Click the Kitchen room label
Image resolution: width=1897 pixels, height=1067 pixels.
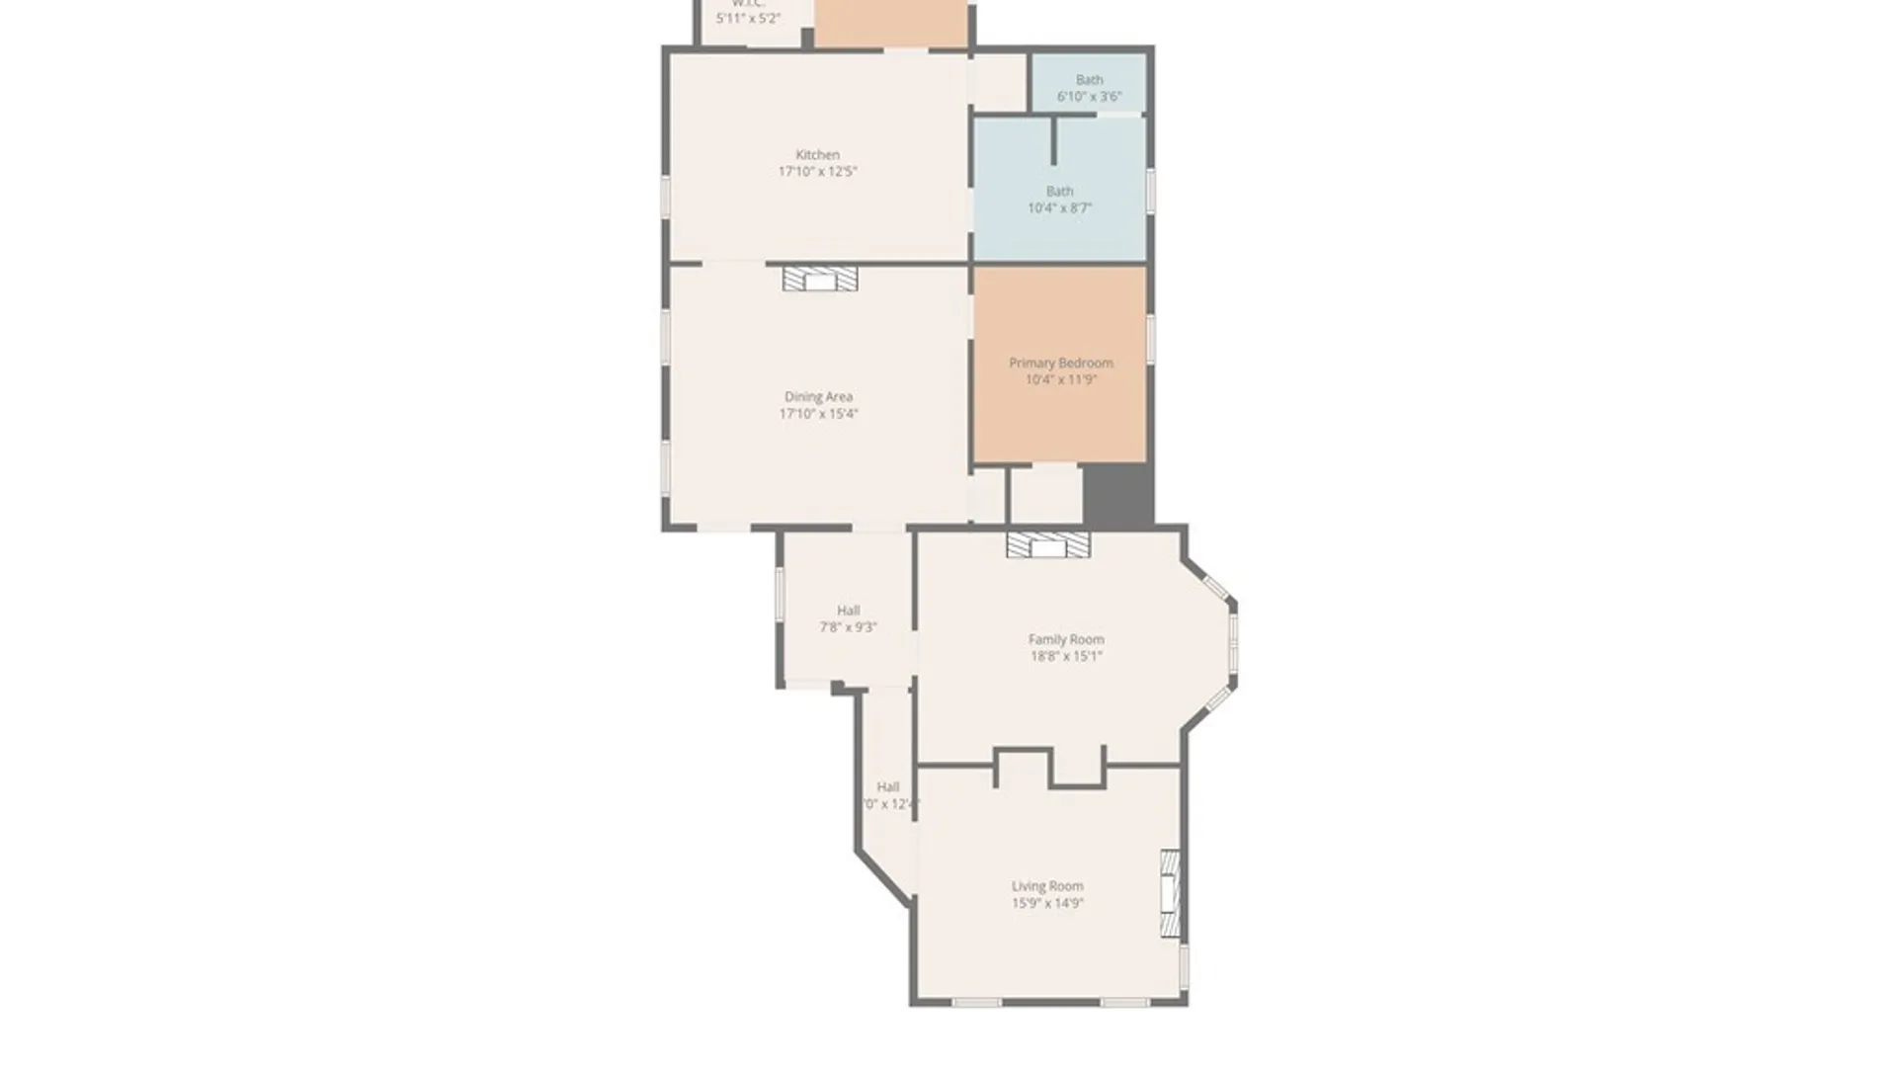817,154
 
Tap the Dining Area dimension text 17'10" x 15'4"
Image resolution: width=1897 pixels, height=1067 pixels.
818,414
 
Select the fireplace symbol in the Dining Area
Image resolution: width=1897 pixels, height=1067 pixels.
820,280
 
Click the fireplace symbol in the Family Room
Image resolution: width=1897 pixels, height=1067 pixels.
1048,545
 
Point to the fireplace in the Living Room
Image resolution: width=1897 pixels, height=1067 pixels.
1170,894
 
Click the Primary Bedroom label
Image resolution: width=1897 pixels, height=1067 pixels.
1060,363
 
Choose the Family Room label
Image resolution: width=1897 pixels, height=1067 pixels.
1066,639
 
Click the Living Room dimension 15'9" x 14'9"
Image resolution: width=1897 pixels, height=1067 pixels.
1047,903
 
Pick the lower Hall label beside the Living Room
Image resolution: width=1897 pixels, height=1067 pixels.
887,787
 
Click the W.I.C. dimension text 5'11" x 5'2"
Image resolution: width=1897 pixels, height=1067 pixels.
748,18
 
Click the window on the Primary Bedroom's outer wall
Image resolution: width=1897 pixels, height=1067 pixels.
1150,338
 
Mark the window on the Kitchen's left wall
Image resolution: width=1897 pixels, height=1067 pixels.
666,197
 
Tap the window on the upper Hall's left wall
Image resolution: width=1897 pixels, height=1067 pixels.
780,595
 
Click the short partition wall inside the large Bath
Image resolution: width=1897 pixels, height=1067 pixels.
1053,141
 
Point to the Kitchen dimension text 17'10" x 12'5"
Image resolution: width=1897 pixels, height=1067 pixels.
817,172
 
